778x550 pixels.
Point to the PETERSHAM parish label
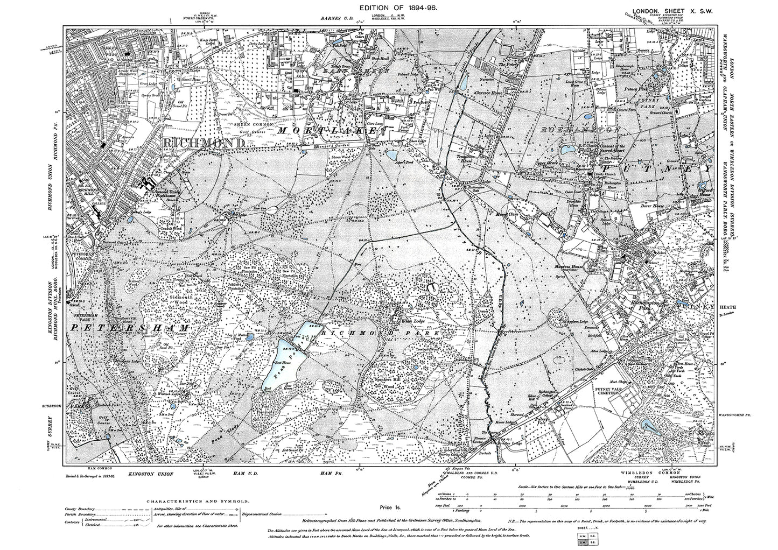tap(130, 327)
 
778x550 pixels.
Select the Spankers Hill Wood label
tap(388, 383)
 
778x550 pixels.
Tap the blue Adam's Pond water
tap(389, 156)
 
